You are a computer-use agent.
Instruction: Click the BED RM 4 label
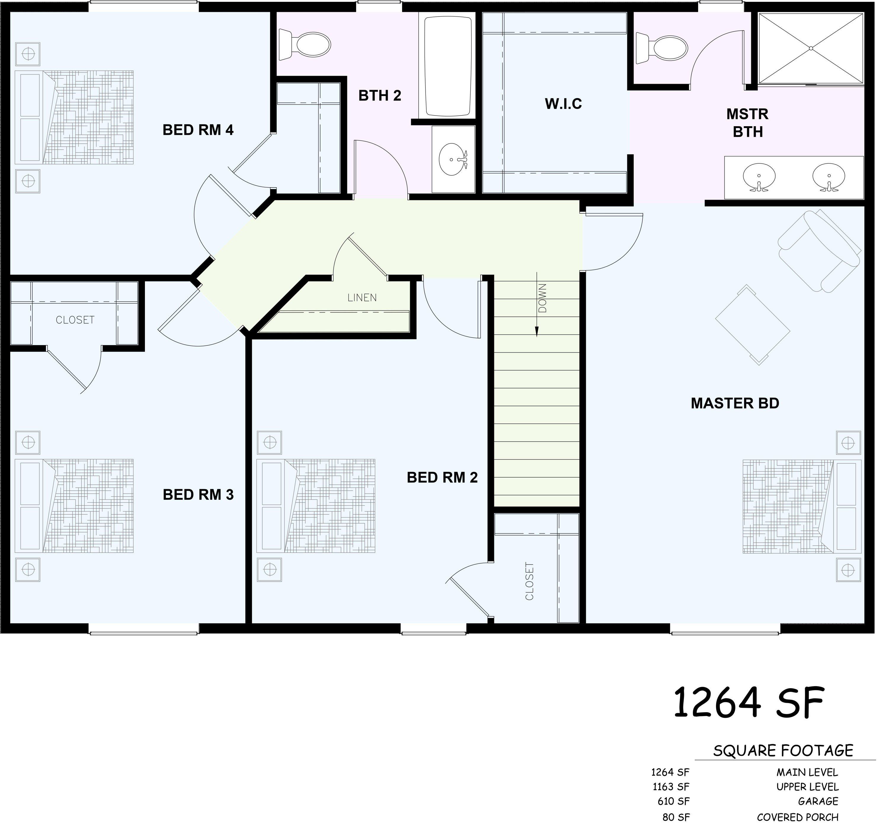point(198,130)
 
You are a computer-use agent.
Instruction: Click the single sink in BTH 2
point(453,159)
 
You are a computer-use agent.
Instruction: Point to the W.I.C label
point(563,104)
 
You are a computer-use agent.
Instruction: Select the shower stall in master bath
point(810,48)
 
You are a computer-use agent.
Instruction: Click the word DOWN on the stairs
point(542,298)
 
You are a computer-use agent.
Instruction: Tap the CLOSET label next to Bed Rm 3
point(75,320)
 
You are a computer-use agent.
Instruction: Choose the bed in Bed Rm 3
point(74,505)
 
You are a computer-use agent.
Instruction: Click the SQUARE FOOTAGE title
point(783,750)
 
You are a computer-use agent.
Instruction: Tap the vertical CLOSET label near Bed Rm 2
point(529,581)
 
